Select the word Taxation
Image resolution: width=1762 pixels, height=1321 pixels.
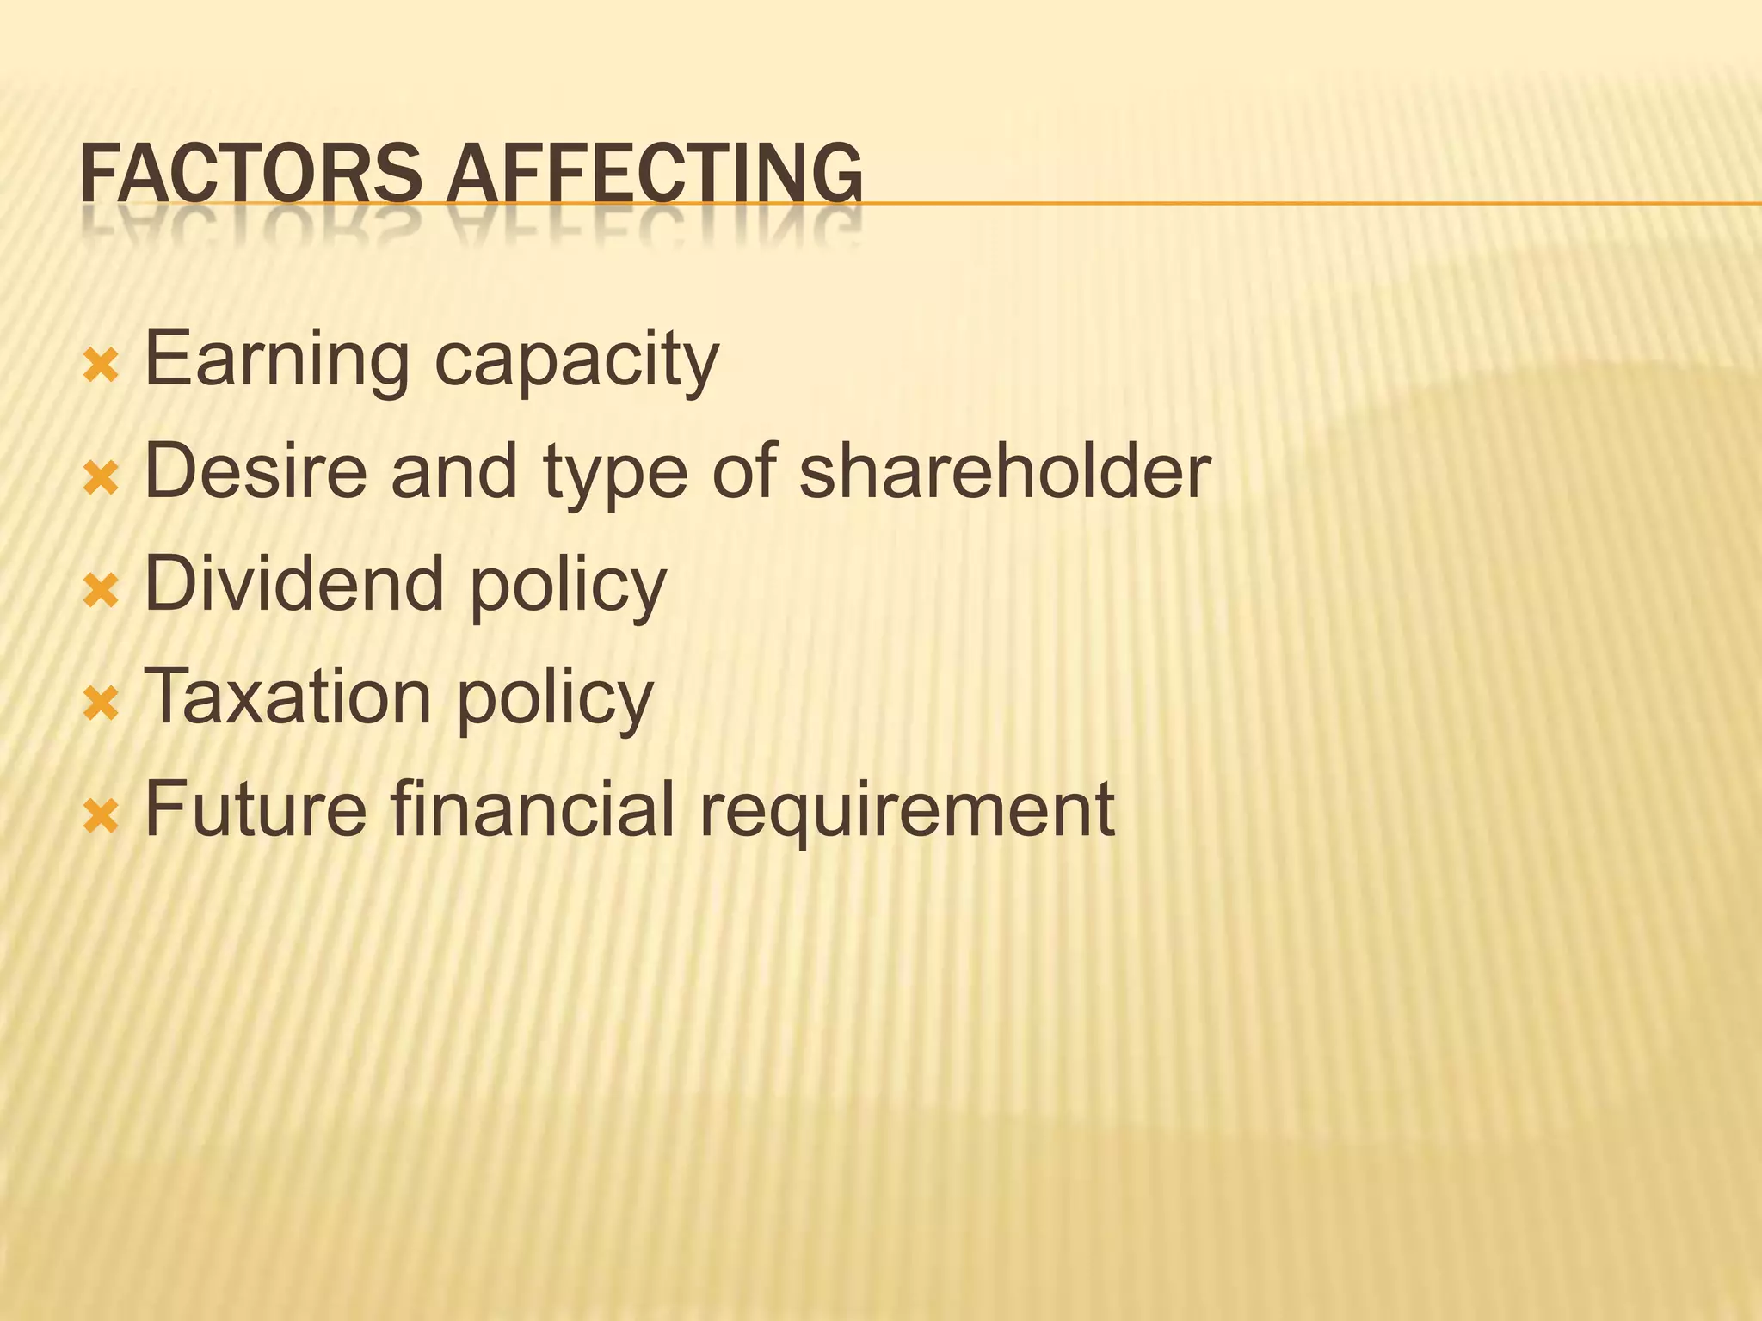coord(288,697)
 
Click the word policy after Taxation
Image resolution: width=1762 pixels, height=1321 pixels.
coord(555,701)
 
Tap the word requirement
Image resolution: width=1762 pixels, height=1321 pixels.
coord(907,813)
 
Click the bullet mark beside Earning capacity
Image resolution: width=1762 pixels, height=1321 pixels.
coord(101,366)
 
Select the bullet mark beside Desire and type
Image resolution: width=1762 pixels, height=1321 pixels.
coord(101,479)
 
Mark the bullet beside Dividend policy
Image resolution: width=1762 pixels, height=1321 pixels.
coord(101,592)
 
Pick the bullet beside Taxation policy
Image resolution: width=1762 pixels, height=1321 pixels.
coord(101,704)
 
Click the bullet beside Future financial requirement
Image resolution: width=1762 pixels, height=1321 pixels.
coord(101,817)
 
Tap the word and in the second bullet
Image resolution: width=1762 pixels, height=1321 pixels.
coord(454,471)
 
